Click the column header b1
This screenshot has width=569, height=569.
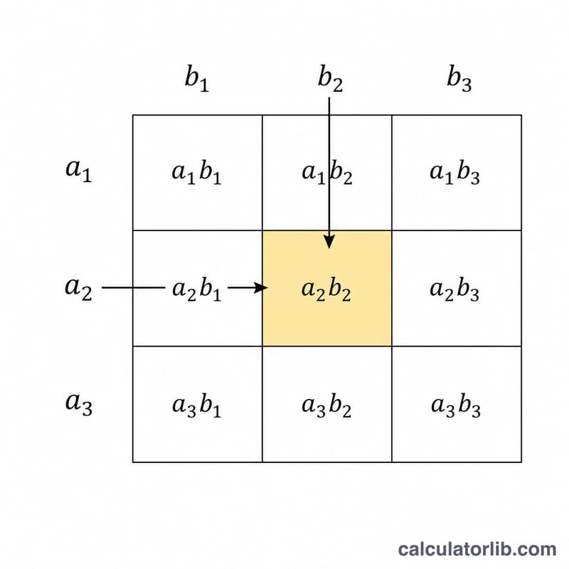(x=197, y=78)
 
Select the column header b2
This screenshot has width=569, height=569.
(x=330, y=78)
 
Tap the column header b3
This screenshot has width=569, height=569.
(x=459, y=78)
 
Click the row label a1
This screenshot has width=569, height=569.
(x=78, y=170)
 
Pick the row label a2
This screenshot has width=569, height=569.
(x=78, y=289)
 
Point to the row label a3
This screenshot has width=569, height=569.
(x=78, y=404)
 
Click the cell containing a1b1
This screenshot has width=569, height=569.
(x=198, y=173)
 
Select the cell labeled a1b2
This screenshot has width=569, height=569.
(x=327, y=173)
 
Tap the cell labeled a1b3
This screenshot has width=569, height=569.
(x=457, y=173)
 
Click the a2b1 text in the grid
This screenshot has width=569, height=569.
(x=197, y=289)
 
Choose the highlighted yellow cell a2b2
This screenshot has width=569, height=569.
(x=327, y=288)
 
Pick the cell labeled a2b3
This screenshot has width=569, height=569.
(x=457, y=288)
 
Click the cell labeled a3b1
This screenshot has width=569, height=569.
(x=198, y=404)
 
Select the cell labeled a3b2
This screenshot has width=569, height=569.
(x=327, y=404)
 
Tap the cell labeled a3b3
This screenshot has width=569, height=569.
(x=457, y=404)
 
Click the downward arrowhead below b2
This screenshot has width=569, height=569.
(x=329, y=242)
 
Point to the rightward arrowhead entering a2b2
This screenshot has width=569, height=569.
(x=260, y=288)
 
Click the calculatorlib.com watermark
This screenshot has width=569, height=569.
(x=477, y=549)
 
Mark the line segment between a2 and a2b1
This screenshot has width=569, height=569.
(x=133, y=288)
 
